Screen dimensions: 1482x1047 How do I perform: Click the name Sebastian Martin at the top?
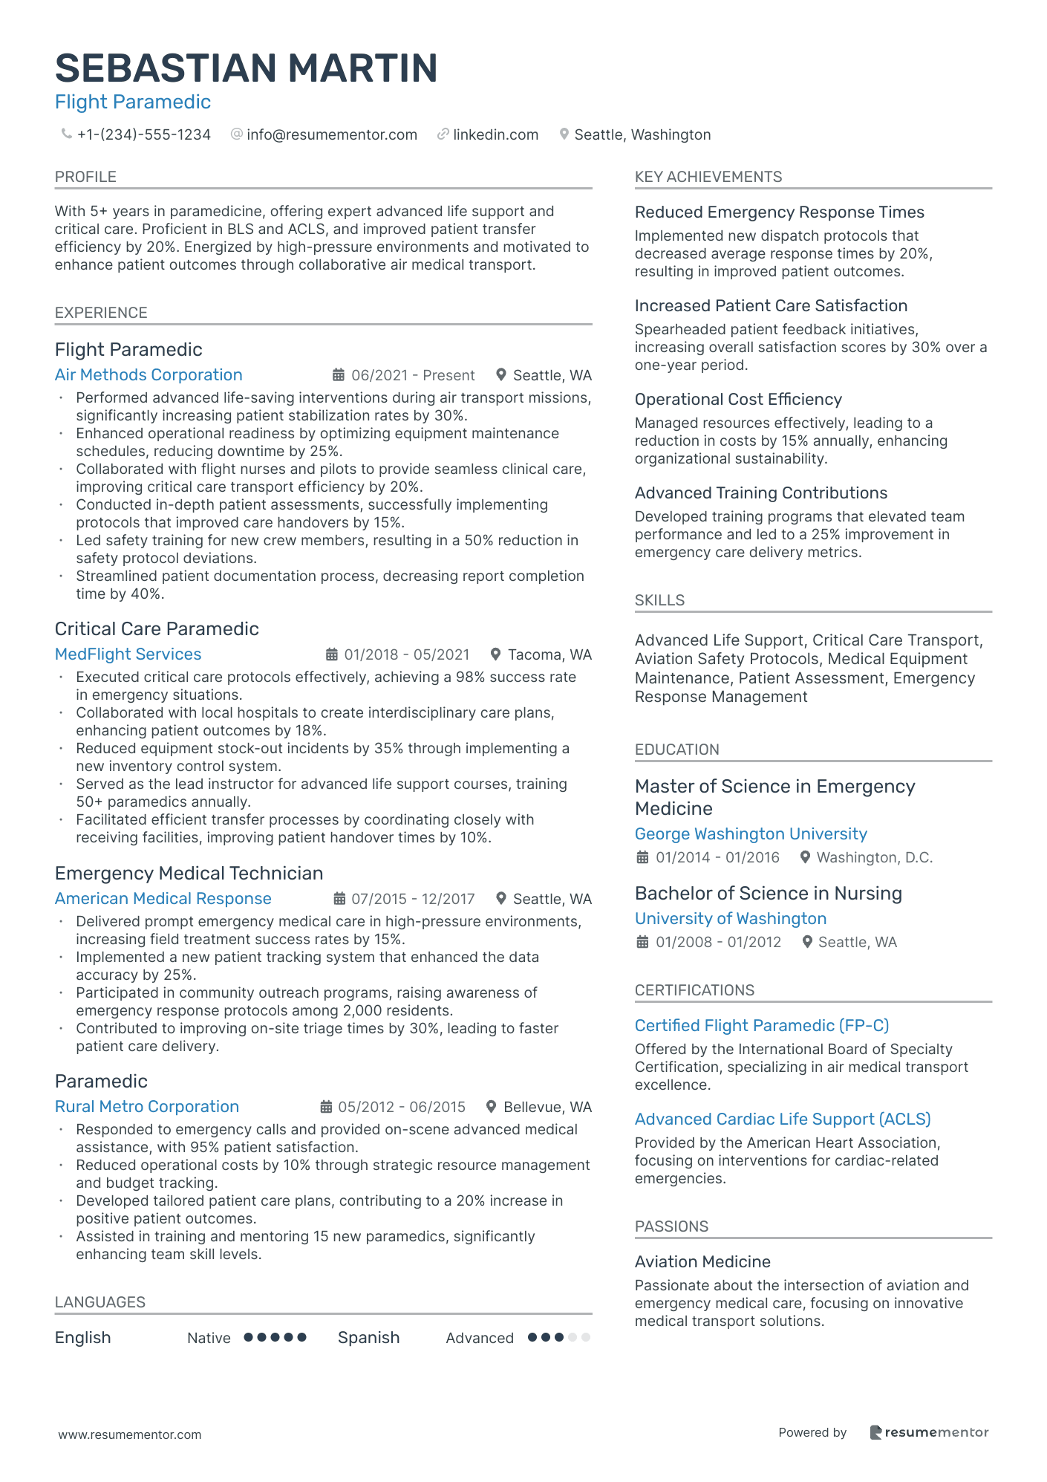tap(246, 68)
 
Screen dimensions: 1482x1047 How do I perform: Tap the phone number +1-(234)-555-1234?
tap(143, 134)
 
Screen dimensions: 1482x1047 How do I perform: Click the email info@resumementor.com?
tap(331, 134)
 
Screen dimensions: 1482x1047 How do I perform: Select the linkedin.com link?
tap(495, 134)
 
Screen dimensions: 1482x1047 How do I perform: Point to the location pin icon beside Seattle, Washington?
tap(564, 134)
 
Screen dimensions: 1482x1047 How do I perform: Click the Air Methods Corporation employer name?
tap(149, 375)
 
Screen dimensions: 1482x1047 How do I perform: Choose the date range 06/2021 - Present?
tap(413, 375)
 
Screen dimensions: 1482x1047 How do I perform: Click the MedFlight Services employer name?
tap(128, 654)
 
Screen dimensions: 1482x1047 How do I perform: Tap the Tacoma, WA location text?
tap(549, 654)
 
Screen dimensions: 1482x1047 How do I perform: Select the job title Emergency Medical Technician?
tap(189, 873)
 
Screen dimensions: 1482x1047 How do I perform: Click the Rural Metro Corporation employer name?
tap(147, 1107)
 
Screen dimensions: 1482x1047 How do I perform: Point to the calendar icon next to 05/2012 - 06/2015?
tap(326, 1107)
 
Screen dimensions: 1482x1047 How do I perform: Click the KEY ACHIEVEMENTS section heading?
tap(708, 177)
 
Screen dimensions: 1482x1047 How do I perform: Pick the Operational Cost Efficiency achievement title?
tap(738, 400)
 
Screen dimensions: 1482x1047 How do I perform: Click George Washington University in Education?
tap(751, 834)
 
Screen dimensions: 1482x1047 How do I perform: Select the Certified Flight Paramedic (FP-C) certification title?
tap(762, 1026)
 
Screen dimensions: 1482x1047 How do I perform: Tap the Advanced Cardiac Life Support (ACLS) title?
tap(783, 1119)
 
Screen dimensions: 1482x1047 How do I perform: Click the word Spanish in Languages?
tap(368, 1338)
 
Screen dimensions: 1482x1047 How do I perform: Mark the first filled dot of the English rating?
tap(249, 1337)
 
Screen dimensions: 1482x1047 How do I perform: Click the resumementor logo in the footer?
tap(929, 1432)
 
